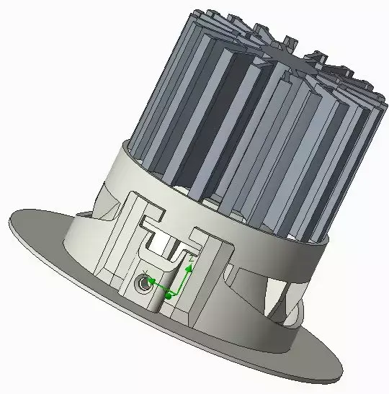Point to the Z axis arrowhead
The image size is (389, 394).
pyautogui.click(x=189, y=267)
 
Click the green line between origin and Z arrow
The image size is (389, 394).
pyautogui.click(x=179, y=280)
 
